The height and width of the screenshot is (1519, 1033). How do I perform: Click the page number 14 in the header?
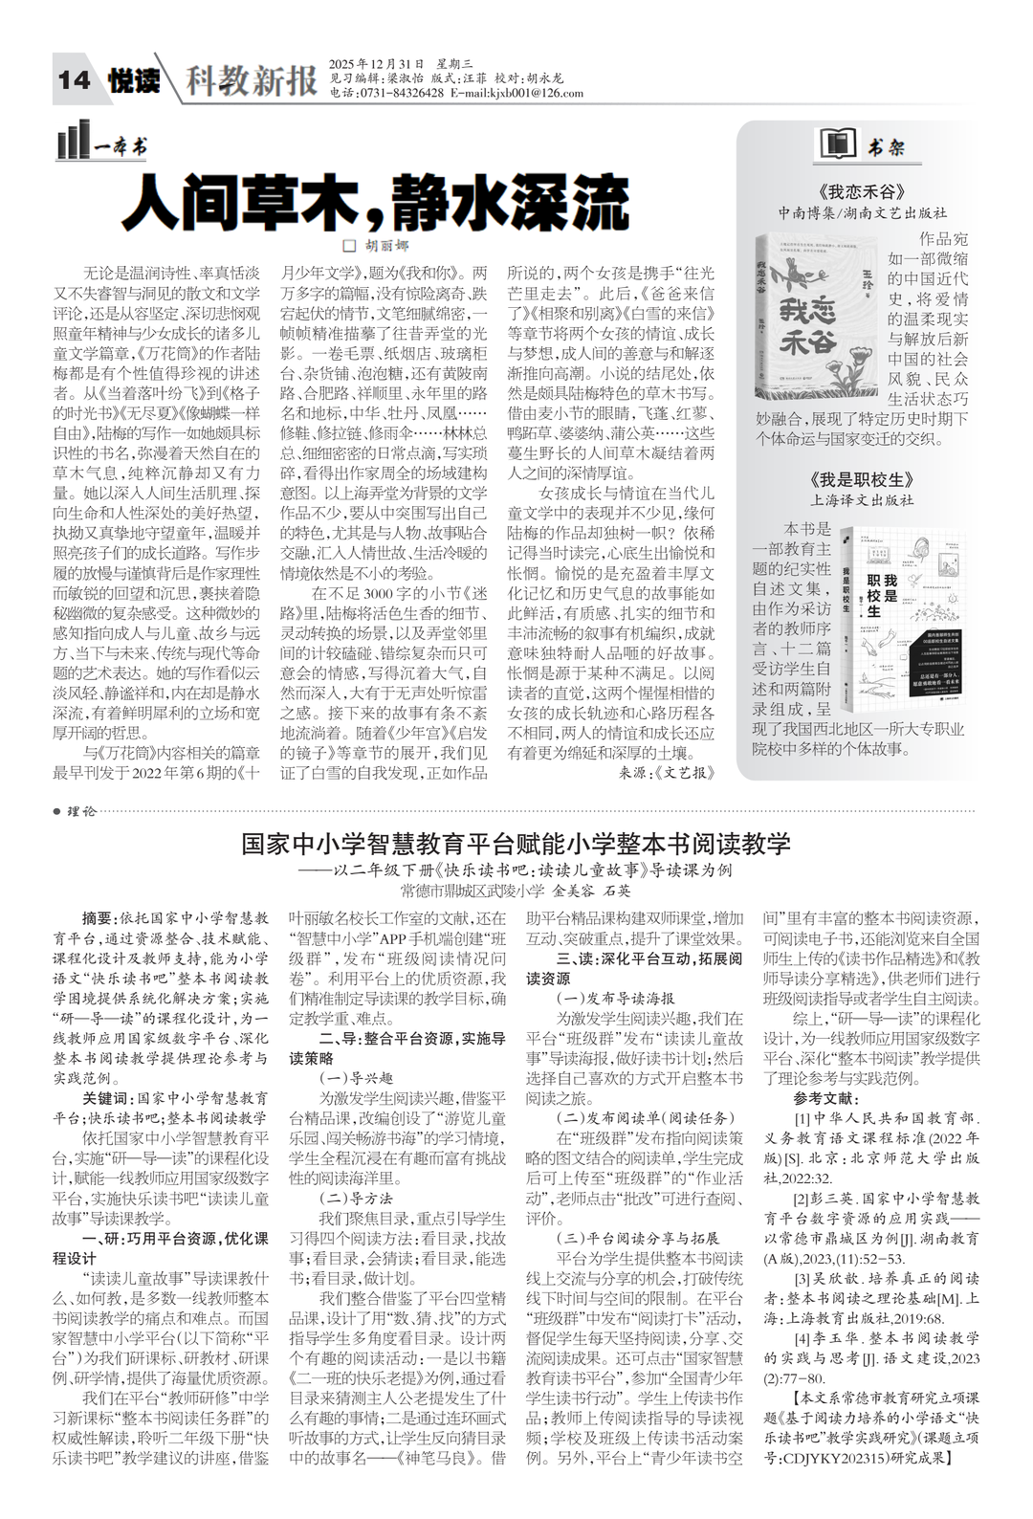75,80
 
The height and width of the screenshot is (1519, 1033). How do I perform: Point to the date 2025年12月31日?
376,63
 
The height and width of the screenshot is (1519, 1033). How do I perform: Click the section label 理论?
81,811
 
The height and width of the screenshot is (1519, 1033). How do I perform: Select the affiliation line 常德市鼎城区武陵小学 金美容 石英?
516,891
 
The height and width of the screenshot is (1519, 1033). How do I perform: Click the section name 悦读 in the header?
133,80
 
